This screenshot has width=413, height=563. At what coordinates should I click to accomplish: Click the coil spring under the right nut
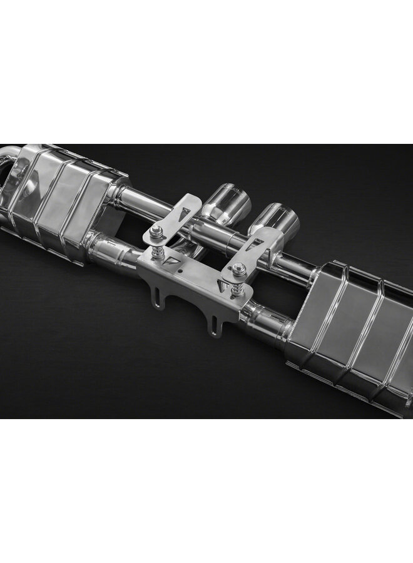coord(237,287)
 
